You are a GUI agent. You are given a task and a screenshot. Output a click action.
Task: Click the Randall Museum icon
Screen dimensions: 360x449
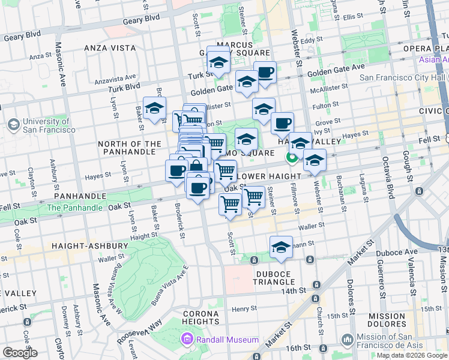(187, 340)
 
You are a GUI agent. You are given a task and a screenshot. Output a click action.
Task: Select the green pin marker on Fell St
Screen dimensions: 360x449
(292, 158)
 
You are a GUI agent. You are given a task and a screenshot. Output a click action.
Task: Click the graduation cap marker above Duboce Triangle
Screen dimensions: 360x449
(280, 248)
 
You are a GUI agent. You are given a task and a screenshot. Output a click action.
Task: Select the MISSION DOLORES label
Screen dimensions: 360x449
(387, 320)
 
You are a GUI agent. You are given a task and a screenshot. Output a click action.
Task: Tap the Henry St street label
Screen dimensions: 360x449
(244, 308)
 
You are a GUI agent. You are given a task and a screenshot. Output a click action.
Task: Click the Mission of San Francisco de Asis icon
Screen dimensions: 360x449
(348, 340)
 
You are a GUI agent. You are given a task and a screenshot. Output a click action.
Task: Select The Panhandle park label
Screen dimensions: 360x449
(75, 208)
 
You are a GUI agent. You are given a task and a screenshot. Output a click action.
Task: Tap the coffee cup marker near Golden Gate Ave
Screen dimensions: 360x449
(265, 73)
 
